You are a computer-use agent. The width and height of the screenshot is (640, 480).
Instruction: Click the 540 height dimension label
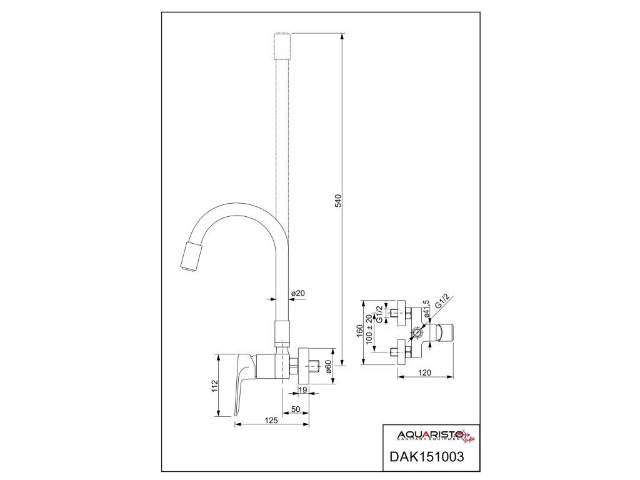pos(338,201)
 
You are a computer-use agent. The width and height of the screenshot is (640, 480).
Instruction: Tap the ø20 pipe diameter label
pos(297,293)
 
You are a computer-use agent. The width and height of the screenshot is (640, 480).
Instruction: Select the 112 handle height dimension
pos(214,386)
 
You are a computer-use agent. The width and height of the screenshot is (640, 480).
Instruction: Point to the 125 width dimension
pos(271,421)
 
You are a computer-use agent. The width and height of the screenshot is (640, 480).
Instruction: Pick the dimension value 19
pos(302,391)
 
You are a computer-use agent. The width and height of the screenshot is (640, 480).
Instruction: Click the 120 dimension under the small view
pos(426,372)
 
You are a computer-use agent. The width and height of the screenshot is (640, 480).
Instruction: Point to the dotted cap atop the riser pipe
pos(282,45)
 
